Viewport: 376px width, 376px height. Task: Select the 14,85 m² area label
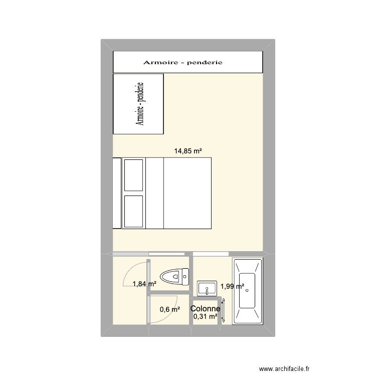pos(188,150)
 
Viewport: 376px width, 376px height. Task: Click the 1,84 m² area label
pos(144,284)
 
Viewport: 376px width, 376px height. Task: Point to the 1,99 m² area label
pos(232,287)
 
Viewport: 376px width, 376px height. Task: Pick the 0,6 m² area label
pos(169,309)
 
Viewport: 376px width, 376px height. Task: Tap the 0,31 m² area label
pos(205,316)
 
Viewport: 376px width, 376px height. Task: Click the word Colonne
pos(205,309)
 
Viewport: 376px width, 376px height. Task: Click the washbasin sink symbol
pos(207,288)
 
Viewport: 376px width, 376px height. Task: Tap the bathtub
pos(248,291)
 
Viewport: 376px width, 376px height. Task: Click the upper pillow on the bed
pos(134,175)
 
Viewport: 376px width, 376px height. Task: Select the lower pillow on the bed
pos(134,211)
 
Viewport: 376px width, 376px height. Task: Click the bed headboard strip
pos(117,193)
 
